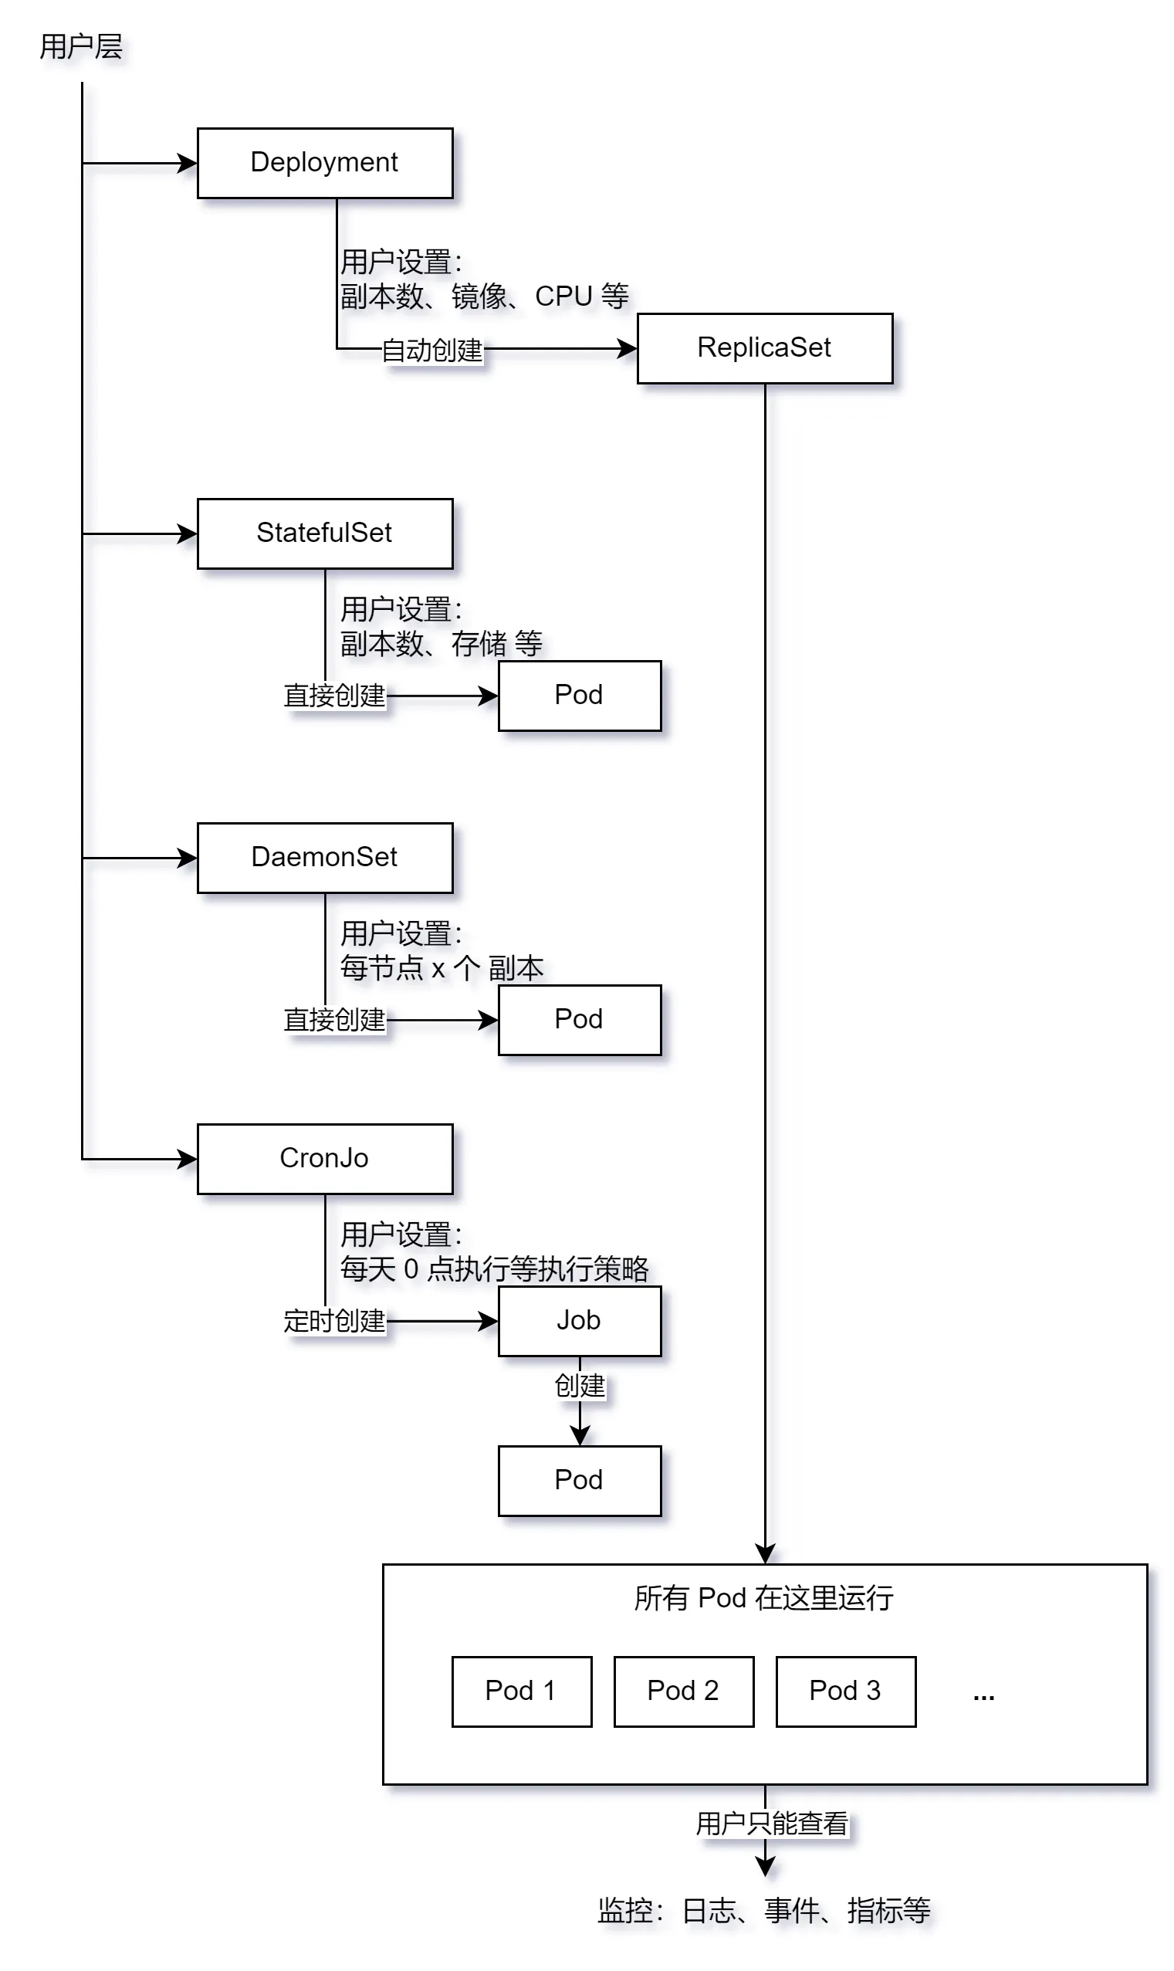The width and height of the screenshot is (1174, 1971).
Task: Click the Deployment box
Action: pyautogui.click(x=324, y=163)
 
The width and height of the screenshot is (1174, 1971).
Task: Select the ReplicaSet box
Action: pyautogui.click(x=764, y=348)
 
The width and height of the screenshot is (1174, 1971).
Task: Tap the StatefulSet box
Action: pyautogui.click(x=324, y=533)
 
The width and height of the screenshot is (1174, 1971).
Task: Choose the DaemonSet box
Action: pyautogui.click(x=324, y=858)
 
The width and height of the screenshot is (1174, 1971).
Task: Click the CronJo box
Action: pyautogui.click(x=324, y=1158)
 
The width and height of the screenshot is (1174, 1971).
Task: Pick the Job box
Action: pyautogui.click(x=579, y=1321)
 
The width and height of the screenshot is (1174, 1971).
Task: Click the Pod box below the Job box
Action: pyautogui.click(x=579, y=1481)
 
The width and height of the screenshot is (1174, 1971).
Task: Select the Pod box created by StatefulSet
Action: pyautogui.click(x=579, y=696)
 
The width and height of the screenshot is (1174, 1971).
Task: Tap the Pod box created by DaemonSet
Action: pyautogui.click(x=579, y=1019)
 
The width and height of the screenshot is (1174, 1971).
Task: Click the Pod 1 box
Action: pyautogui.click(x=521, y=1691)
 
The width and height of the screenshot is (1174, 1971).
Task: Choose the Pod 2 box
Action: pyautogui.click(x=684, y=1691)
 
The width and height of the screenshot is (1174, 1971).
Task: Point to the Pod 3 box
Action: pyautogui.click(x=846, y=1691)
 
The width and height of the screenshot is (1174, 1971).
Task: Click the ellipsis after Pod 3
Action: pyautogui.click(x=983, y=1696)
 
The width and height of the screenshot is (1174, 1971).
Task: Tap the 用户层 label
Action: pyautogui.click(x=81, y=46)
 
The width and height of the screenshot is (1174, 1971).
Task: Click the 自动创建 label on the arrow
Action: pyautogui.click(x=432, y=350)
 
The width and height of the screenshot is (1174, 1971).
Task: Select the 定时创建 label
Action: pyautogui.click(x=335, y=1321)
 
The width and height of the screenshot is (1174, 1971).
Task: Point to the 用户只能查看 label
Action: pyautogui.click(x=771, y=1823)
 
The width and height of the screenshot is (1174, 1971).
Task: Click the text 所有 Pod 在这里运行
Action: pyautogui.click(x=763, y=1598)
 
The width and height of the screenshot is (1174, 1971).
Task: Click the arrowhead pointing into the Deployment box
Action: pyautogui.click(x=188, y=164)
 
